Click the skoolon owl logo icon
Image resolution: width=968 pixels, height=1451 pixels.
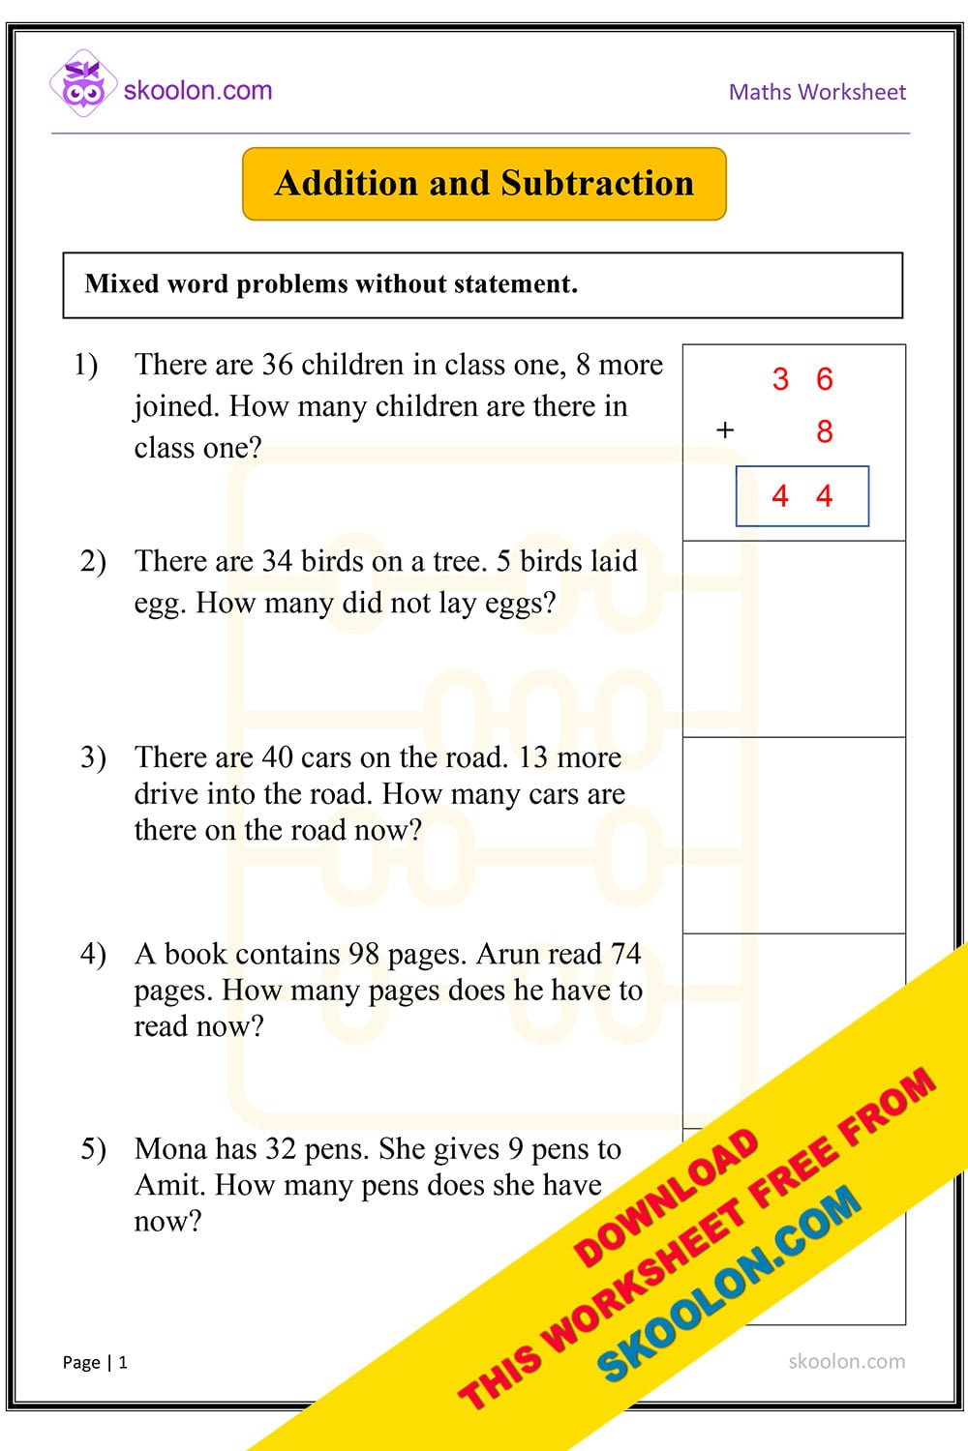tap(83, 84)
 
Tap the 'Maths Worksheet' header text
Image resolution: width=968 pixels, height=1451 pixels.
tap(817, 92)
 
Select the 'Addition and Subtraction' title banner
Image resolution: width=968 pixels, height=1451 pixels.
tap(484, 184)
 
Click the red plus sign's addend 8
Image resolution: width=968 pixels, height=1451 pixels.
tap(824, 431)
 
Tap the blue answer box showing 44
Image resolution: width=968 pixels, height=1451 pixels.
tap(802, 496)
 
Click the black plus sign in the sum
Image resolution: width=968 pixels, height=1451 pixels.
tap(725, 430)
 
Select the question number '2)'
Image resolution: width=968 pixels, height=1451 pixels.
tap(93, 561)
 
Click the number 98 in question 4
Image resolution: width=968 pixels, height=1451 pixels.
tap(363, 954)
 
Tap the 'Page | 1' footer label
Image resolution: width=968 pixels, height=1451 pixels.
tap(95, 1362)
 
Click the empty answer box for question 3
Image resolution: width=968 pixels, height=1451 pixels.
tap(794, 835)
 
